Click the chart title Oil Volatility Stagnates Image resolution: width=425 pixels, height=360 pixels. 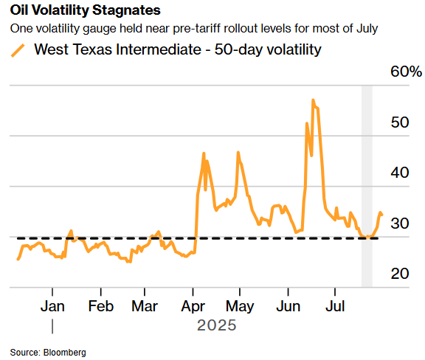click(x=85, y=10)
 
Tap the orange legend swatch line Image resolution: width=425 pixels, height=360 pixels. click(x=18, y=50)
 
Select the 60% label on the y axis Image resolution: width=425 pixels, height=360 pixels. click(x=406, y=72)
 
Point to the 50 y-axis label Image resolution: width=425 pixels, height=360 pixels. click(x=400, y=122)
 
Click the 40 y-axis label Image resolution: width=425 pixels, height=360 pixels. click(x=400, y=173)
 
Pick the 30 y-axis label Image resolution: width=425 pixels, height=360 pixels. click(x=400, y=224)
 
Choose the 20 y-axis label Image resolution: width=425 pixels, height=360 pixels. click(x=400, y=274)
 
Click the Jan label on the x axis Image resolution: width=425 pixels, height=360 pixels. click(x=52, y=306)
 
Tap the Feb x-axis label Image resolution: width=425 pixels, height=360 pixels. click(x=101, y=306)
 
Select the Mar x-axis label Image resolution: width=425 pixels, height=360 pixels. click(x=145, y=306)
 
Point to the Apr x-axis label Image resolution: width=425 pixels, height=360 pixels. click(x=193, y=307)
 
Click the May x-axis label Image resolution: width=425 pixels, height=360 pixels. click(x=240, y=307)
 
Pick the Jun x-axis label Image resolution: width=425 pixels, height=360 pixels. click(x=288, y=306)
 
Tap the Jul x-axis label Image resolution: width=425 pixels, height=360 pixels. click(x=335, y=306)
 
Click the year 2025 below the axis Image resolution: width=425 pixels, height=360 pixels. click(x=217, y=325)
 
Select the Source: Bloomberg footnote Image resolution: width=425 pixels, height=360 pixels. click(x=48, y=353)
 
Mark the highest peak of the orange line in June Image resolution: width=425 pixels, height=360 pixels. click(x=313, y=100)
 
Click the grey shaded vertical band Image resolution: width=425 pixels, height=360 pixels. click(x=367, y=186)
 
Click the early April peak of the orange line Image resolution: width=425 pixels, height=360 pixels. click(x=204, y=153)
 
